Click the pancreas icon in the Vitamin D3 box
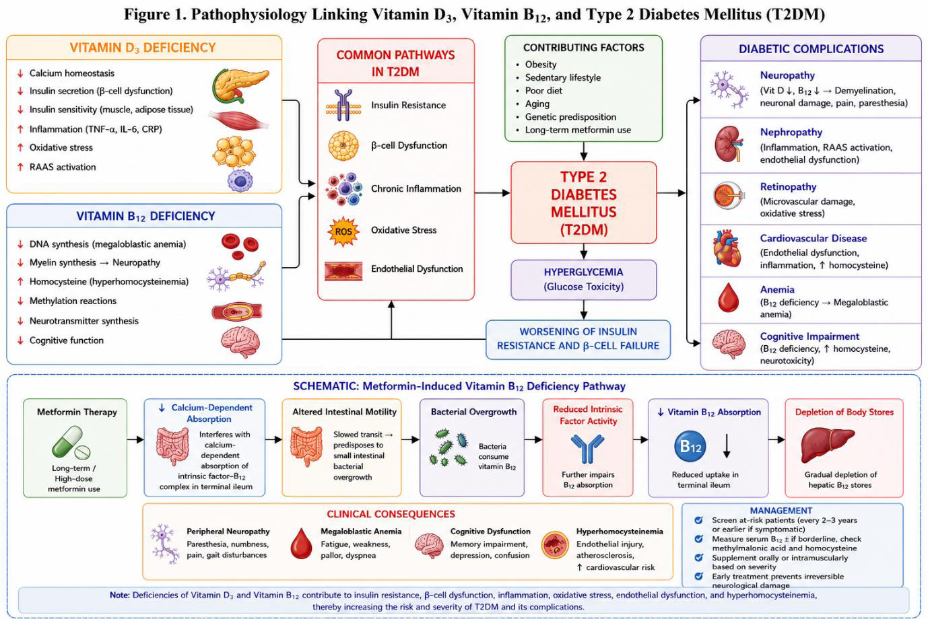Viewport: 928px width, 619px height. tap(240, 85)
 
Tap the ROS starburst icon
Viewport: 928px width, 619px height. tap(343, 231)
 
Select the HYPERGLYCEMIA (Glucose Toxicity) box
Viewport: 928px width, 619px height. tap(583, 280)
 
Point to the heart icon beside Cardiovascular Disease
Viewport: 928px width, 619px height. tap(727, 248)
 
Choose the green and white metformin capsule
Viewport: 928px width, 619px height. tap(71, 443)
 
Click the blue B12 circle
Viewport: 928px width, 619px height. tap(690, 446)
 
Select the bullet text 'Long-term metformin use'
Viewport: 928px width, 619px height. tap(578, 130)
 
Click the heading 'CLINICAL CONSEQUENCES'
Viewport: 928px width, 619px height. tap(391, 514)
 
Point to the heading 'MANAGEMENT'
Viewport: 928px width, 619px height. tap(781, 511)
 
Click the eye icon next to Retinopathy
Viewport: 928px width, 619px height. tap(729, 195)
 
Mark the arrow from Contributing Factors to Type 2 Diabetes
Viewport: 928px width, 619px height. tap(583, 151)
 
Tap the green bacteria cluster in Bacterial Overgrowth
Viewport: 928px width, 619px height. tap(449, 447)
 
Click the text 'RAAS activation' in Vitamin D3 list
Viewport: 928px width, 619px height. tap(63, 167)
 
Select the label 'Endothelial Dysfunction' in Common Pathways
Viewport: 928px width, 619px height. tap(417, 269)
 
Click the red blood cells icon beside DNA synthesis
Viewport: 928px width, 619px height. tap(240, 246)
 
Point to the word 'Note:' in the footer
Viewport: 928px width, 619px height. tap(120, 595)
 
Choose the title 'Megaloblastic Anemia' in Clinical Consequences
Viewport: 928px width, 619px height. tap(361, 532)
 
